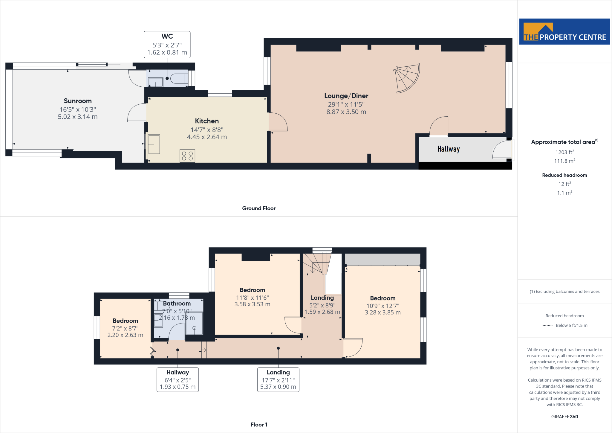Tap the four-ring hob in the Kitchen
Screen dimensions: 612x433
(187, 156)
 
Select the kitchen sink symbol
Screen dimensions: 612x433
(154, 144)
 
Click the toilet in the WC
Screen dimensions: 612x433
(179, 78)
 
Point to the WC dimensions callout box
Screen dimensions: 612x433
(167, 45)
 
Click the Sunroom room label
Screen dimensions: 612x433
(78, 101)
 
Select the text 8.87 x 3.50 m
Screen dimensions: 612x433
(346, 112)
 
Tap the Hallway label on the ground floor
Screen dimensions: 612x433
(448, 149)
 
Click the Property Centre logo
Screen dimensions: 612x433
(564, 32)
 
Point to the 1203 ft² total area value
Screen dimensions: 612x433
(564, 152)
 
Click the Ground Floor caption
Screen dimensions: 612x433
(259, 208)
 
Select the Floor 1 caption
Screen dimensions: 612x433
(259, 425)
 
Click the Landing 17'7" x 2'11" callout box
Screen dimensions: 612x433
(278, 380)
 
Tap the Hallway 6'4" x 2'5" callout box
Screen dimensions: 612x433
(178, 380)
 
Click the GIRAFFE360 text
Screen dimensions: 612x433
(564, 417)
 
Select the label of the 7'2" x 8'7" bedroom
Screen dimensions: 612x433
(125, 321)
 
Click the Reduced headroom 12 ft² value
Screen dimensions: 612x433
(564, 184)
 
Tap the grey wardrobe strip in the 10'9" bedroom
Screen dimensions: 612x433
(382, 259)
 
